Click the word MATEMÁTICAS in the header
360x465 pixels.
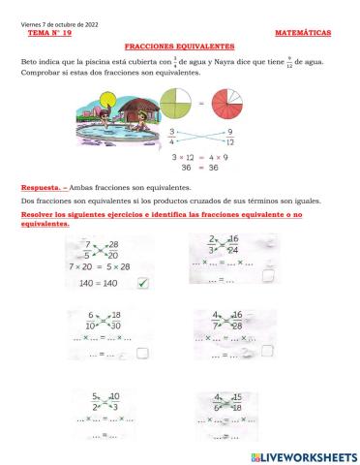[302, 33]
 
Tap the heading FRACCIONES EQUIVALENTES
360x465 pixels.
[179, 46]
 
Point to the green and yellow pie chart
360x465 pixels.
[175, 105]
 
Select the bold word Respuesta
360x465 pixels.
[41, 187]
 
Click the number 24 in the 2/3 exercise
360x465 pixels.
[233, 249]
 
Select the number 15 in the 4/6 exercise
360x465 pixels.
[236, 396]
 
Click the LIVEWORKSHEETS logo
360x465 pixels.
[302, 455]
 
